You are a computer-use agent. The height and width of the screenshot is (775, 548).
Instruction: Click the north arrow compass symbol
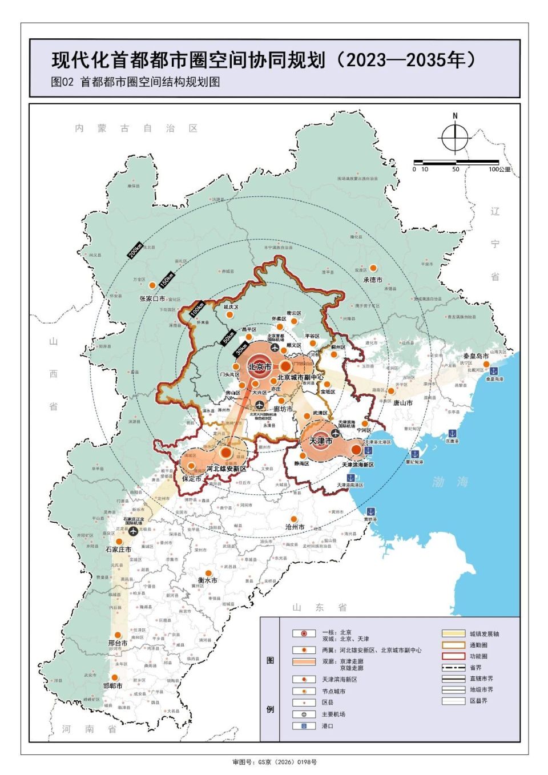pos(454,138)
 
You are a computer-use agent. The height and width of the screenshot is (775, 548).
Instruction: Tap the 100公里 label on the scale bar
pos(499,169)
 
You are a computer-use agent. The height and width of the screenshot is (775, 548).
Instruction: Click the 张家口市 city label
pos(152,298)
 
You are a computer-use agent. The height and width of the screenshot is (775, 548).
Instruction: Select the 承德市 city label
pos(373,280)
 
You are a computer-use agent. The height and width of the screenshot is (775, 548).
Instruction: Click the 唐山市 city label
pos(402,403)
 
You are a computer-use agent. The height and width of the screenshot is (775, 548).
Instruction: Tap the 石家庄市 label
pos(119,550)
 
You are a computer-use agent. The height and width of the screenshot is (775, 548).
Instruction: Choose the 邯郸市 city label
pos(112,686)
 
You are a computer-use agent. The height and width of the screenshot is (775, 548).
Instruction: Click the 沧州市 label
pos(295,527)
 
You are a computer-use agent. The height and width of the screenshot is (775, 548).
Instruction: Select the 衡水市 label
pos(207,580)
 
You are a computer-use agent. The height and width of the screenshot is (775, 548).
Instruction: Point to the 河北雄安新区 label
pos(227,469)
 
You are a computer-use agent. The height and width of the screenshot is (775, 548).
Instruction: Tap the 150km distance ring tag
pos(166,279)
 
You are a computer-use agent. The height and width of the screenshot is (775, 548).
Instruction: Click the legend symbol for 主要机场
pos(304,715)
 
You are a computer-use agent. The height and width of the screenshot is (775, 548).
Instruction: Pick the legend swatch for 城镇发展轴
pos(453,633)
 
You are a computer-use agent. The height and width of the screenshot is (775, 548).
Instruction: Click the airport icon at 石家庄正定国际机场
pos(134,531)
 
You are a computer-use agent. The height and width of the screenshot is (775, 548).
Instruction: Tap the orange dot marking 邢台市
pos(118,635)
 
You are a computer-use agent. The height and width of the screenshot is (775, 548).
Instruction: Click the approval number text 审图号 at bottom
pos(274,762)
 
